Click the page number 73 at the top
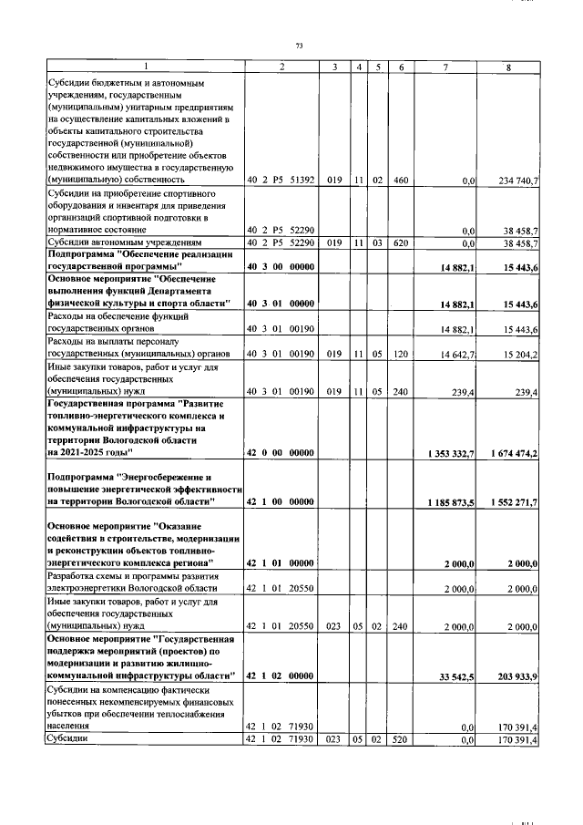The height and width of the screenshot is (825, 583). coord(298,46)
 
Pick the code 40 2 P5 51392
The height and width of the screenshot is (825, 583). coord(281,181)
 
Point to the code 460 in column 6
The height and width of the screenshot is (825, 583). coord(400,181)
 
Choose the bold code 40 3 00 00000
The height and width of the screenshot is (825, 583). coord(281,266)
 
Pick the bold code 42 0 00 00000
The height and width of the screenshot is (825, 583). coord(281,453)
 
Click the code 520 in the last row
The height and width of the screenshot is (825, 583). coord(400,740)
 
